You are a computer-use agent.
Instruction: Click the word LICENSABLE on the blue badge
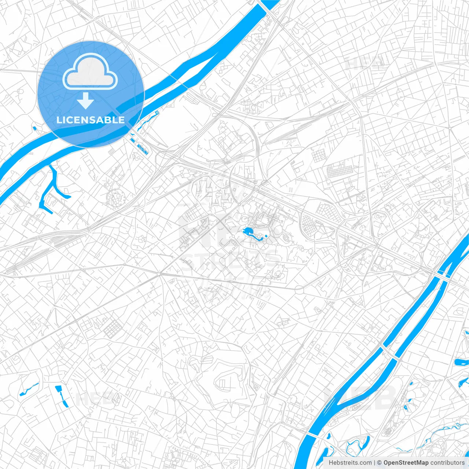click(91, 120)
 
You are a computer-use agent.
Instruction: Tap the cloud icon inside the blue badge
click(90, 73)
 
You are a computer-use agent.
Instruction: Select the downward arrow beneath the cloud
click(85, 101)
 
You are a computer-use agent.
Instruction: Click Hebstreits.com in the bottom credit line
click(350, 463)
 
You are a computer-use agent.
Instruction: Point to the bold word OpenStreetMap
click(406, 463)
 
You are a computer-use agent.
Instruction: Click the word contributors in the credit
click(447, 463)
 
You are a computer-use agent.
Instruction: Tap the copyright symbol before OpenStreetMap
click(379, 463)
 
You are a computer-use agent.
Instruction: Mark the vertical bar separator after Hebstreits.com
click(374, 463)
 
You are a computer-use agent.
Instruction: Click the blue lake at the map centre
click(248, 231)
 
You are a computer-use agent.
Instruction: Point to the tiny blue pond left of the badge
click(34, 129)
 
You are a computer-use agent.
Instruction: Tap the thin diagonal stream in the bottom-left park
click(29, 389)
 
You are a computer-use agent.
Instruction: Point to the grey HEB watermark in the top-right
click(363, 63)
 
